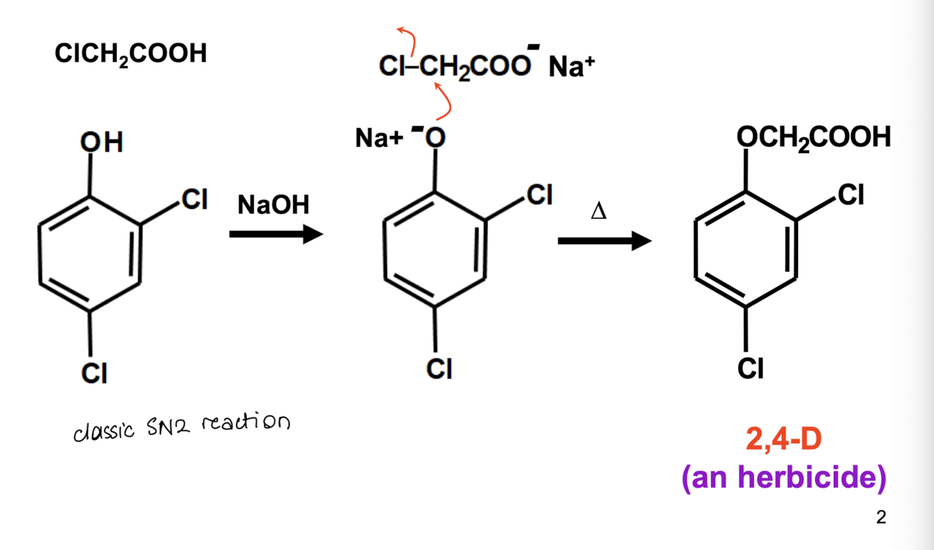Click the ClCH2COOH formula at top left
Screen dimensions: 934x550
130,54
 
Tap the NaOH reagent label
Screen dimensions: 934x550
274,205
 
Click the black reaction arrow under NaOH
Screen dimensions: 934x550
276,234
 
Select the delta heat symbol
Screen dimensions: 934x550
599,211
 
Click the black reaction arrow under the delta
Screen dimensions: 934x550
605,241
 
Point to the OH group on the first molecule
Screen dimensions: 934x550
102,142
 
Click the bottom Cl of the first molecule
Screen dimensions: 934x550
95,373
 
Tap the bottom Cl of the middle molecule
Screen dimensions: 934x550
439,369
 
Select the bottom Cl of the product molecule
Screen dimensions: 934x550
751,369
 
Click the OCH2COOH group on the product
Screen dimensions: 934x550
814,138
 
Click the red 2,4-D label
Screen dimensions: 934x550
784,439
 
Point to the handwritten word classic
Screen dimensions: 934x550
104,432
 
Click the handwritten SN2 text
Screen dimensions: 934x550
168,427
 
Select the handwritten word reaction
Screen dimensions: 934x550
246,422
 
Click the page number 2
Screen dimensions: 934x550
881,518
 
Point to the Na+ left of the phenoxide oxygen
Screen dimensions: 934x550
379,138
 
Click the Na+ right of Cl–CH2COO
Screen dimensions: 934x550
571,67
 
